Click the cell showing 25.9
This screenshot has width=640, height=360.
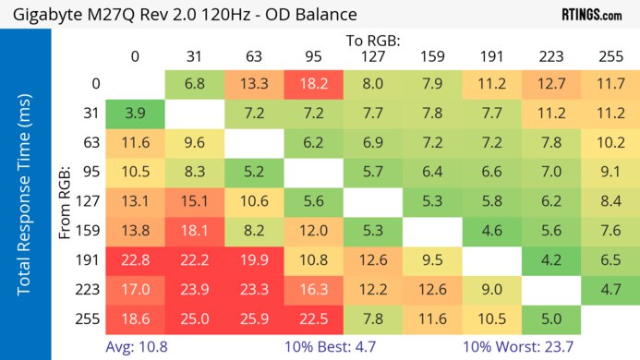pos(254,319)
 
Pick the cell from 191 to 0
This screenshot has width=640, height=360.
pos(135,260)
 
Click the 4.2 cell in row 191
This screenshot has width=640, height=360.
pos(551,260)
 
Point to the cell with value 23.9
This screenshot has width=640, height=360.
pos(195,290)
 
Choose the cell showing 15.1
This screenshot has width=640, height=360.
pos(195,202)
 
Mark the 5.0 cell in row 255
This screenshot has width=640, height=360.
pos(551,319)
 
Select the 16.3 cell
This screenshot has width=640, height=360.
pos(314,290)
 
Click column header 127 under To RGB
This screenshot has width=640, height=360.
pos(373,56)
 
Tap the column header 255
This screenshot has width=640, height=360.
pos(610,56)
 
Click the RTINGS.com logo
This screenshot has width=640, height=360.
pos(591,15)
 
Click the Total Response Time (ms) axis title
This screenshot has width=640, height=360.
pos(26,198)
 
